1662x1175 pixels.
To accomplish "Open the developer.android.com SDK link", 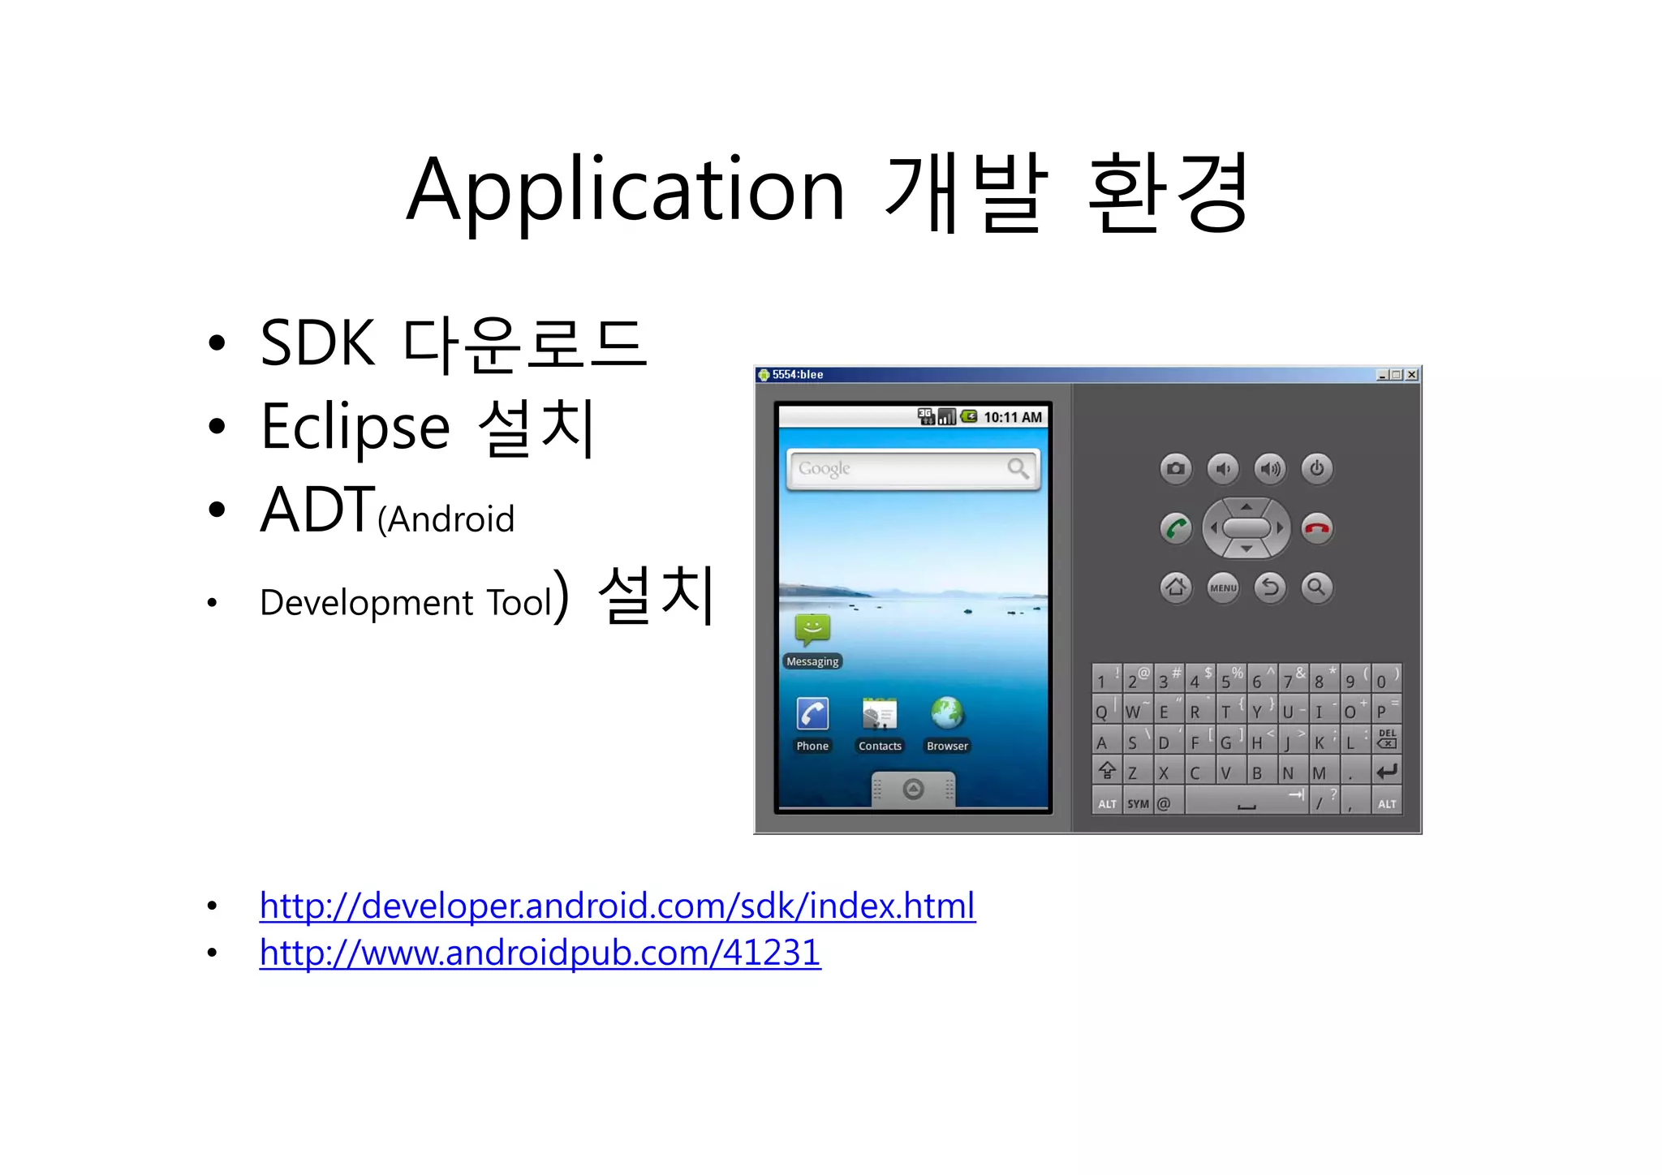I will pos(617,906).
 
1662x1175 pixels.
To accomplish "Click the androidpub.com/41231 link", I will pos(540,953).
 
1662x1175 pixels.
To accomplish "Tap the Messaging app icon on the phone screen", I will pos(812,630).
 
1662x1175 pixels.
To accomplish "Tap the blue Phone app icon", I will pos(812,714).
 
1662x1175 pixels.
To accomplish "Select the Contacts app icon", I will pos(880,714).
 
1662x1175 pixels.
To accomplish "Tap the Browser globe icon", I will pos(947,714).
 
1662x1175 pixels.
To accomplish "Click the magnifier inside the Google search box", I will pos(1018,468).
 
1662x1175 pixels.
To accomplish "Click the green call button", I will pos(1176,528).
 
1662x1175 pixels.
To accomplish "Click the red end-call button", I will pos(1316,528).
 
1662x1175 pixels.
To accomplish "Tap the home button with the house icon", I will pos(1176,587).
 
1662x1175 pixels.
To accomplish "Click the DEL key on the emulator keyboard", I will pos(1387,738).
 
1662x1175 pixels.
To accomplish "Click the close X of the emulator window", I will pos(1412,375).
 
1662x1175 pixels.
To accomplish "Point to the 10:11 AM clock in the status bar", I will pos(1013,417).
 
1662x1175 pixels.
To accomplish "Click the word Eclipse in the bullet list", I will pos(355,427).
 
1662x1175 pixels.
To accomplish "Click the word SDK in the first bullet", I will pos(317,344).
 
